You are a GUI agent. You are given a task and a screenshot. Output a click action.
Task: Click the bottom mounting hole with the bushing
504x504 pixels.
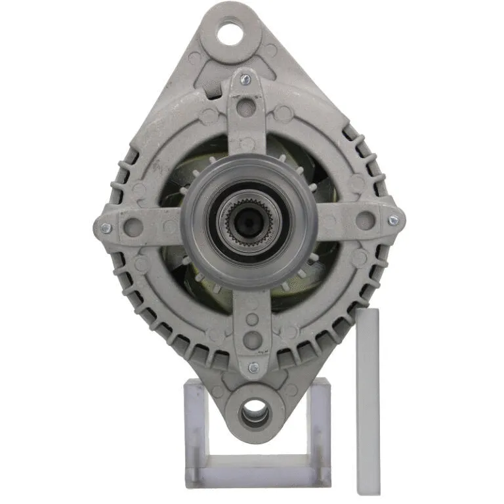[x=253, y=413]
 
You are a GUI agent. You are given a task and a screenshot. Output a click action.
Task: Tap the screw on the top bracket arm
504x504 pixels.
[x=245, y=79]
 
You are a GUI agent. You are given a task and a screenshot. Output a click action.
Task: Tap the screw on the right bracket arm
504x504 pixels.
[x=392, y=220]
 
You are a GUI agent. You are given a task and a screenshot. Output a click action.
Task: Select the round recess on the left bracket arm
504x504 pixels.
[x=133, y=227]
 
